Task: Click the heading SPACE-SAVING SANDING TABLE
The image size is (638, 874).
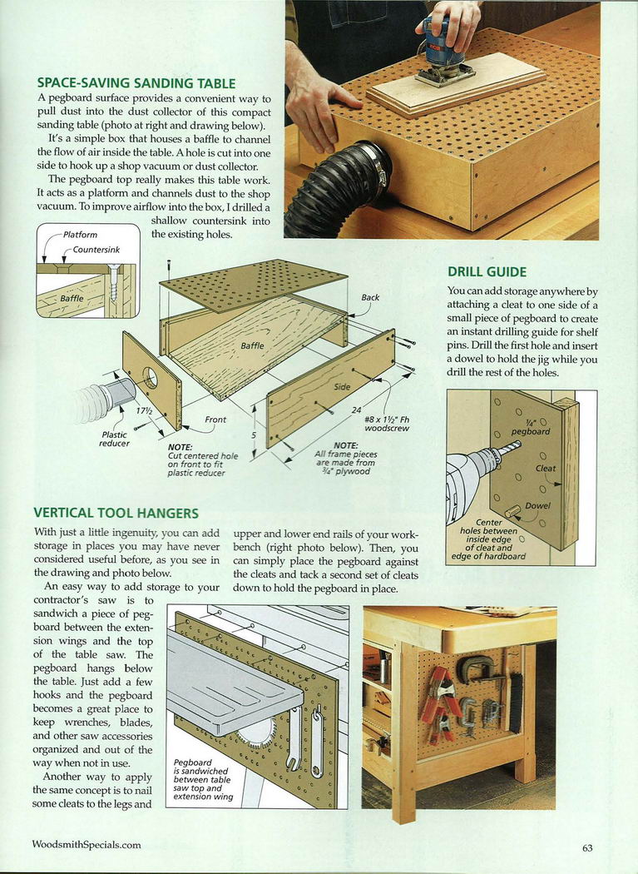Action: pos(136,83)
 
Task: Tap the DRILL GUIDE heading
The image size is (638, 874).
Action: pos(487,271)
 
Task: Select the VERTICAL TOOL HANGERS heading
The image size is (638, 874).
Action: pos(116,514)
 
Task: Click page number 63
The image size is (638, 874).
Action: pos(587,847)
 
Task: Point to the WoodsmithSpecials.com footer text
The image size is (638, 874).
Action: pos(87,845)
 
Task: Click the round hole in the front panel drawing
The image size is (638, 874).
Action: pos(151,380)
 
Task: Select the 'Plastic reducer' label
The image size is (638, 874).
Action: pos(114,439)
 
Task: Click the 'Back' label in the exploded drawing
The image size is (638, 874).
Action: pos(370,297)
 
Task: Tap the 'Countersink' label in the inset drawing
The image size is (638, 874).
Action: pos(96,250)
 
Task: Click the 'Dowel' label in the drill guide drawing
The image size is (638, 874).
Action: pos(537,506)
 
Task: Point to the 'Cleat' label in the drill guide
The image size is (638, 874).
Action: pos(546,468)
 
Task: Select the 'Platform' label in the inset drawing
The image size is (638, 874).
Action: pos(81,236)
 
